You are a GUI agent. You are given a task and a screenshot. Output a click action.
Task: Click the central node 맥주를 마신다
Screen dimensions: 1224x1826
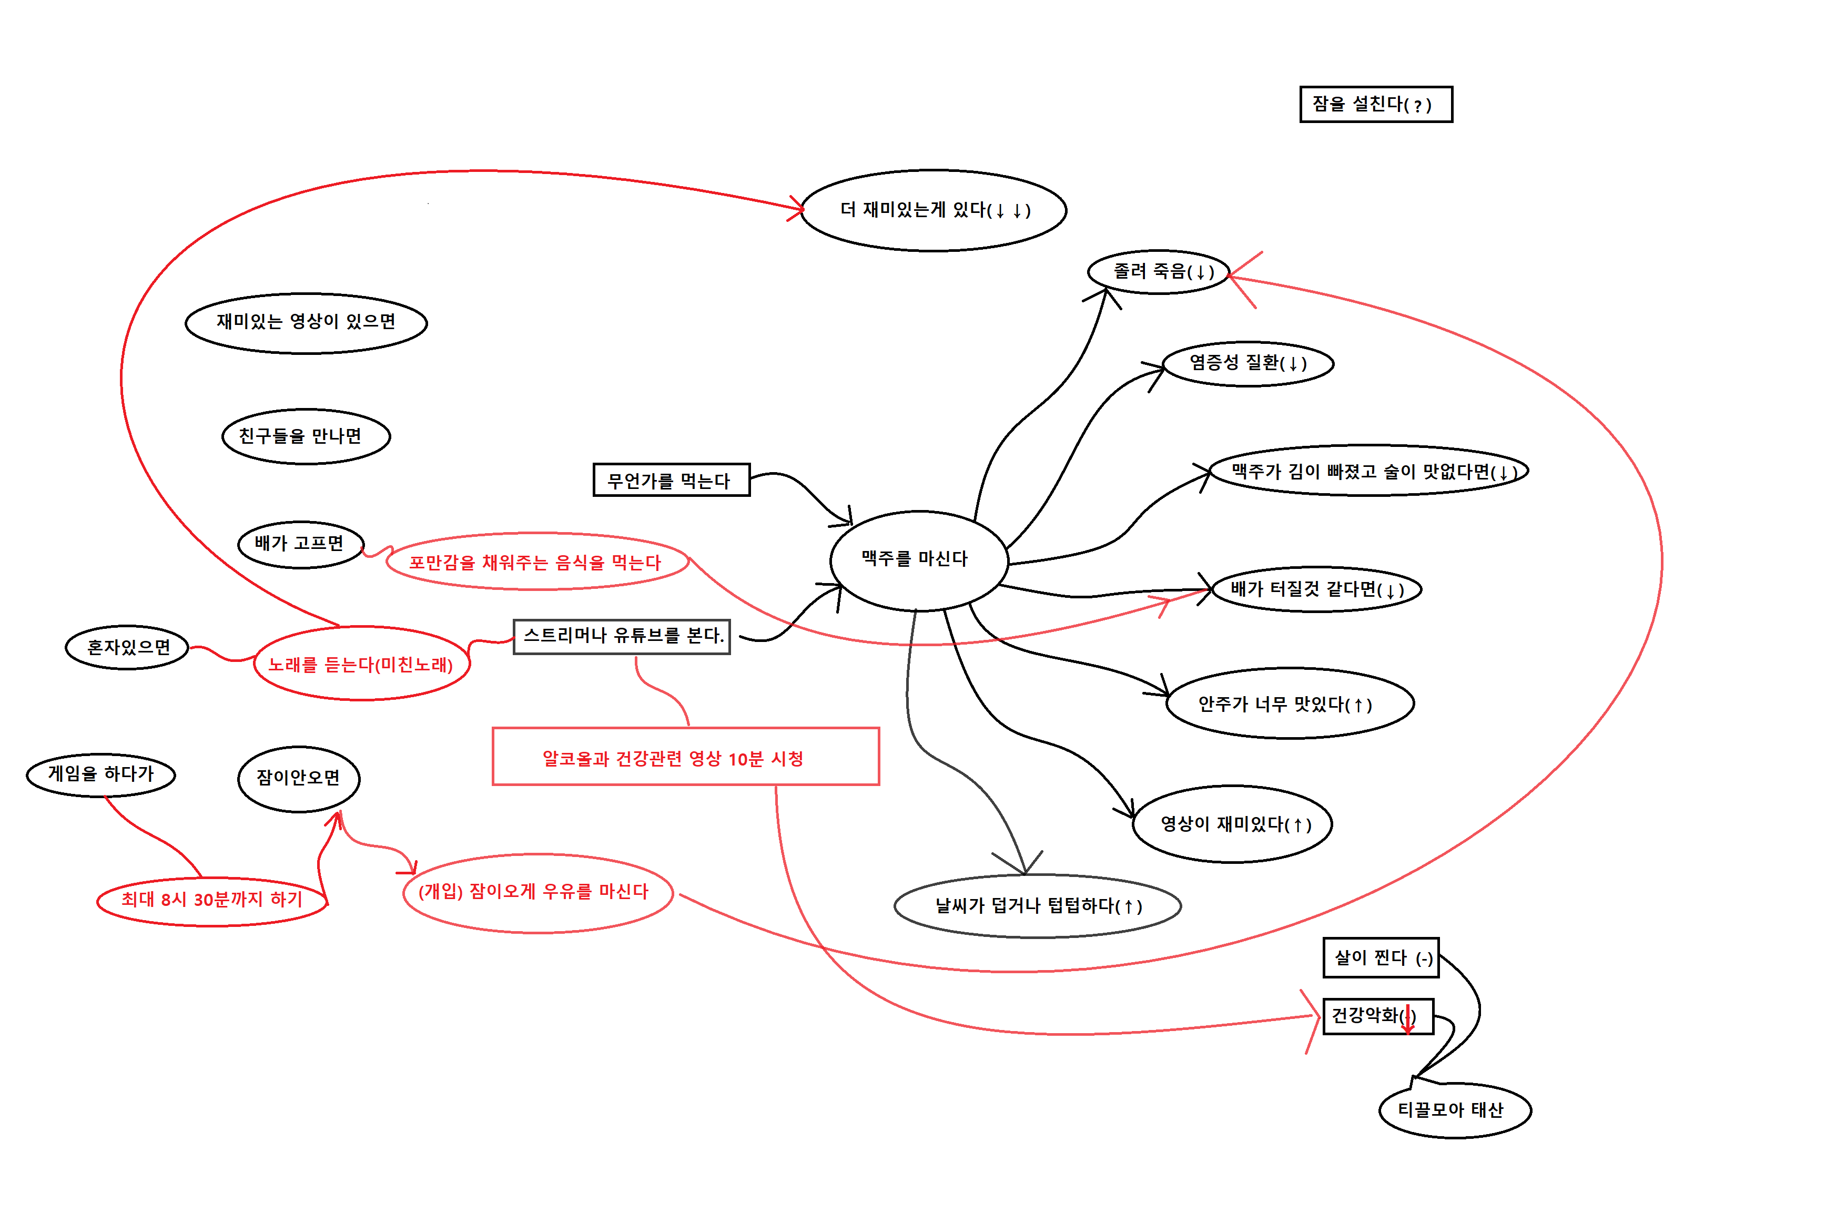918,560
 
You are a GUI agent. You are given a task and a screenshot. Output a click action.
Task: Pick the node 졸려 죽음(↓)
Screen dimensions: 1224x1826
1159,272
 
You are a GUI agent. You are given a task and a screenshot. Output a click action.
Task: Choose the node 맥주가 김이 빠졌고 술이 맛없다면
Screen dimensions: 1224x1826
1368,471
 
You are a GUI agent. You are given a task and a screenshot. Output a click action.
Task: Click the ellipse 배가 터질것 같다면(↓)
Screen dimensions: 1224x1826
1316,589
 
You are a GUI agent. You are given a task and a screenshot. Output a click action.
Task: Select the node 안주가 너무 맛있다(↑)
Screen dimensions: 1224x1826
1289,704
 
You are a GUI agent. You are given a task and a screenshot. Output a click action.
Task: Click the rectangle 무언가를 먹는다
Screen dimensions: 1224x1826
672,480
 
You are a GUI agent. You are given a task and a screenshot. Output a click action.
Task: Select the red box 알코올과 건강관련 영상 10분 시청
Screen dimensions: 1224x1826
685,757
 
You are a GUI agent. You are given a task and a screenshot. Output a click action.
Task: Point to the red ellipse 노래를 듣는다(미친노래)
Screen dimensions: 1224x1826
361,664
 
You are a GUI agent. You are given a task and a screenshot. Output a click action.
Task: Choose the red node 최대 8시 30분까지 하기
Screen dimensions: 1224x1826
211,901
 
